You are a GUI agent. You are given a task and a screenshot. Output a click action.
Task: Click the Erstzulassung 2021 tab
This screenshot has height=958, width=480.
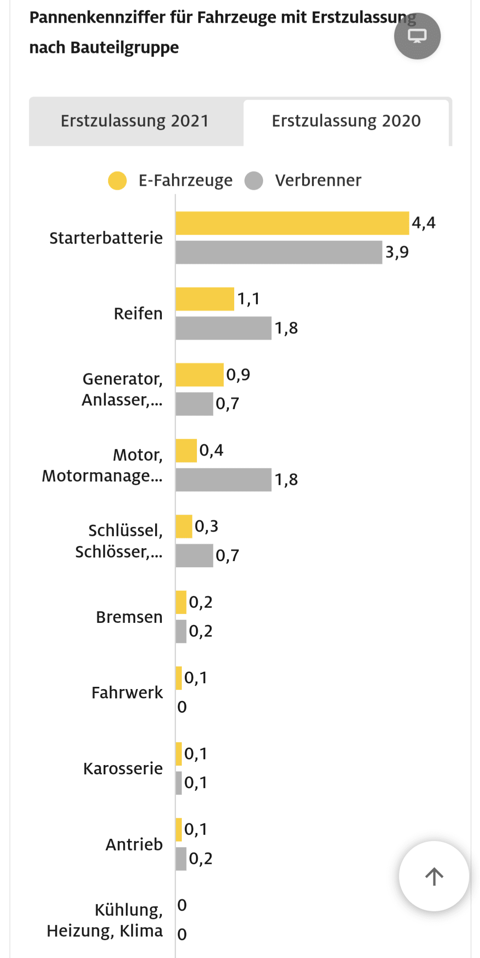135,121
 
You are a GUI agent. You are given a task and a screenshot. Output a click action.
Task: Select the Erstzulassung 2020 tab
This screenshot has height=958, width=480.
346,121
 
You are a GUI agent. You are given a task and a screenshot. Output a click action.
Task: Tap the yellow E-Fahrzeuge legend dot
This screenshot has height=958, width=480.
117,180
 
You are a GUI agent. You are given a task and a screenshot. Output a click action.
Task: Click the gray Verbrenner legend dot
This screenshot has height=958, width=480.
254,180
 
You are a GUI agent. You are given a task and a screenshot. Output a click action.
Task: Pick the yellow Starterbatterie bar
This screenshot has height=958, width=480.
292,223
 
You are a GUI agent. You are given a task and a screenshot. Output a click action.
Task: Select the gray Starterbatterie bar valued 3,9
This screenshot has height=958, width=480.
279,253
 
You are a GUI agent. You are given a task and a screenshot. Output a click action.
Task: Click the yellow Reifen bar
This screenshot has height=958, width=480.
204,299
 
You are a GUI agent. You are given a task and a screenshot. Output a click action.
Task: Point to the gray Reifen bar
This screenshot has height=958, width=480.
223,328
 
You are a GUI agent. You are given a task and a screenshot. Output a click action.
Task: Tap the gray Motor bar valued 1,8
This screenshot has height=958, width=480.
223,480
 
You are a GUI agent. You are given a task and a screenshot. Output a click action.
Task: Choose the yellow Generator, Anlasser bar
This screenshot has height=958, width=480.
199,375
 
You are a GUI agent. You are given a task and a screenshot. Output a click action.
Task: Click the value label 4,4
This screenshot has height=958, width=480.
424,223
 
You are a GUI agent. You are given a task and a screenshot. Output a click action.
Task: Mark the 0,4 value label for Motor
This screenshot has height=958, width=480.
211,450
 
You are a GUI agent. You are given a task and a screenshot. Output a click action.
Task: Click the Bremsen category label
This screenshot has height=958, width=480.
129,617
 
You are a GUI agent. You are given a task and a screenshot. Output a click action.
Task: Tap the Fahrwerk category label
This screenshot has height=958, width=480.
127,693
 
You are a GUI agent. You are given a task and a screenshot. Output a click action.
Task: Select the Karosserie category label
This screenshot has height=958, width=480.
123,769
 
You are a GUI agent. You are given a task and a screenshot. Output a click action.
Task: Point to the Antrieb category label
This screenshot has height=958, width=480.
134,844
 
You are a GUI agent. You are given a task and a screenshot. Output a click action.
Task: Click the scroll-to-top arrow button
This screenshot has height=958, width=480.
434,876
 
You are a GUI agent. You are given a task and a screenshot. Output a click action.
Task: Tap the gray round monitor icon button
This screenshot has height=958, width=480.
417,36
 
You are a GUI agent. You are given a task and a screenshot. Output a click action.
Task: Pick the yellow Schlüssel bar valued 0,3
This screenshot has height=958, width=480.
184,526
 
